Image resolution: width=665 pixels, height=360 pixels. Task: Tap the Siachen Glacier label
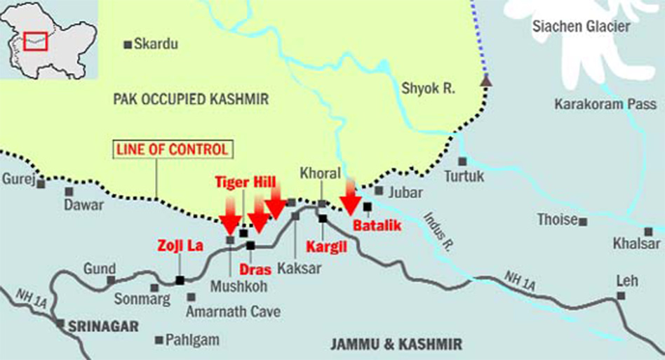tap(582, 27)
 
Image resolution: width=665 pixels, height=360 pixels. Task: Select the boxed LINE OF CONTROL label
tap(173, 149)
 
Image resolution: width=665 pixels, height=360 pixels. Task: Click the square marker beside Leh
tap(621, 295)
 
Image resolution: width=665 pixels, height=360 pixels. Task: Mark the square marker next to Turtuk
tap(462, 161)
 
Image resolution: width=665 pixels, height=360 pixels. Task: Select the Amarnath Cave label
tap(233, 312)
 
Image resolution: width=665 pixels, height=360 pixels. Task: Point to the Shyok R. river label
tap(429, 88)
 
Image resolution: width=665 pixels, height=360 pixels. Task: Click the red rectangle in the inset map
tap(35, 41)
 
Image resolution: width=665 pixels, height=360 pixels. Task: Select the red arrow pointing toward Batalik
tap(350, 197)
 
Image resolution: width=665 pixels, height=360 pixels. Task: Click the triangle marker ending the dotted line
tap(485, 81)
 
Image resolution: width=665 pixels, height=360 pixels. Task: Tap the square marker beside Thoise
tap(583, 221)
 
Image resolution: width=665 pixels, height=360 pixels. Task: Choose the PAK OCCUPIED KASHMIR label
tap(190, 100)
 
